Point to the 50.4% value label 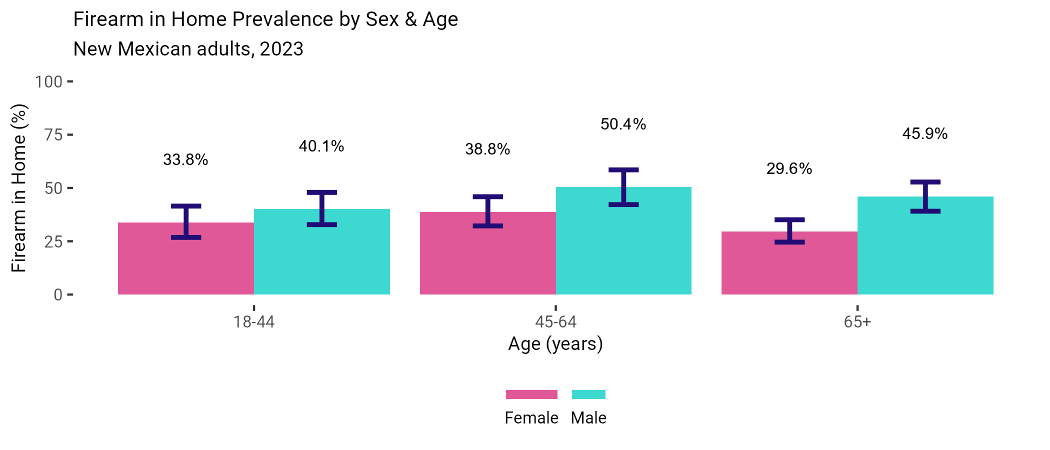(623, 124)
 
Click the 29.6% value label (789, 169)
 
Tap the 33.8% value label (185, 160)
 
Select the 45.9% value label (924, 134)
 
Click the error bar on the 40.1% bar (322, 208)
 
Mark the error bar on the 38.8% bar (487, 211)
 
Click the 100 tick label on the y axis (48, 81)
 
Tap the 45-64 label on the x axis (555, 322)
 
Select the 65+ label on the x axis (857, 322)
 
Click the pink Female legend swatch (531, 394)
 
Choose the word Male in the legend (588, 418)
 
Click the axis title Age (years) (555, 344)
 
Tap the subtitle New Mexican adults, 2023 (188, 49)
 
